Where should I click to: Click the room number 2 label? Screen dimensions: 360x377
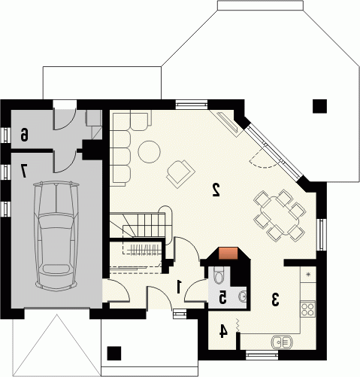(x=216, y=190)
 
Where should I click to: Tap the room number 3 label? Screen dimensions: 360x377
(x=275, y=299)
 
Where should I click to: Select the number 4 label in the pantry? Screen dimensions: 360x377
(x=223, y=331)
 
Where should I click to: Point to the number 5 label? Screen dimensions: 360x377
(x=222, y=298)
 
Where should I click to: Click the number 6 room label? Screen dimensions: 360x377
(x=24, y=134)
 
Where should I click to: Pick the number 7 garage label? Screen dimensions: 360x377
(x=24, y=171)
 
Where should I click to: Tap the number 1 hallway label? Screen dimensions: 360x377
(x=179, y=287)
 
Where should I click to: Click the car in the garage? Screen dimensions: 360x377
(x=56, y=236)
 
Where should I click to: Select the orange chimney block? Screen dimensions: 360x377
(x=228, y=253)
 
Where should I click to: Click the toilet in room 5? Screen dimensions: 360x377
(x=219, y=275)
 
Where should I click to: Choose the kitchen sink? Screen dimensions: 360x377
(x=282, y=342)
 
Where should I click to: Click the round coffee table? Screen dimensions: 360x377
(x=150, y=152)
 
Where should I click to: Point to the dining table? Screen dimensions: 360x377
(x=280, y=216)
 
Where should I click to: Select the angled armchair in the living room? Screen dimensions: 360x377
(x=181, y=174)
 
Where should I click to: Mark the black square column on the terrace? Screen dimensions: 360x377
(x=319, y=106)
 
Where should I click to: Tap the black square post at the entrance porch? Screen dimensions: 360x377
(x=114, y=353)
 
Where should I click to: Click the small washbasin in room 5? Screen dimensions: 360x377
(x=243, y=296)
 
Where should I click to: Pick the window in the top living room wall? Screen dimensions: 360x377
(x=192, y=104)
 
